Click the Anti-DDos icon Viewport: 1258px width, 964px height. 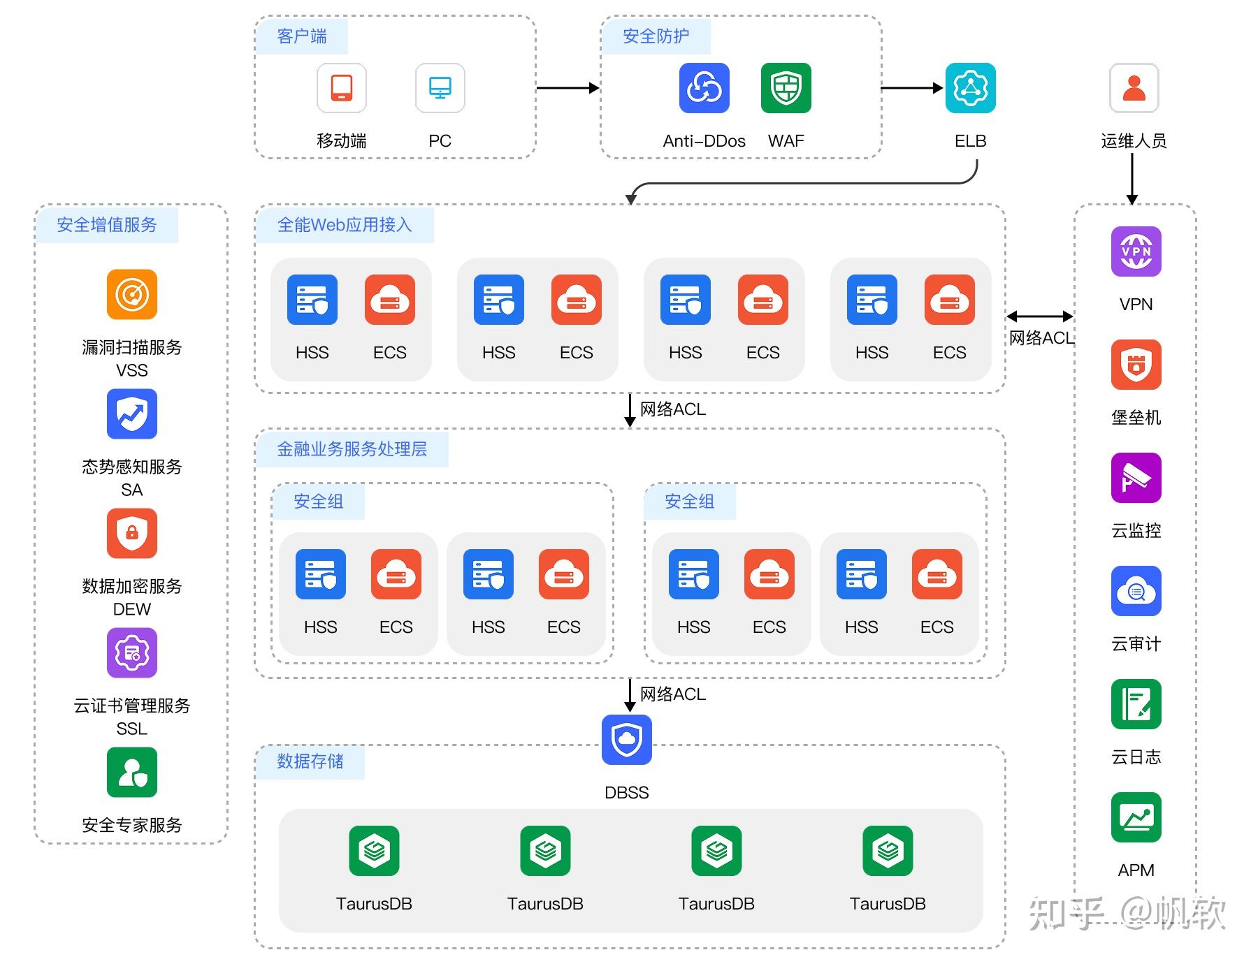click(x=704, y=88)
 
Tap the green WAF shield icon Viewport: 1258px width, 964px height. click(x=786, y=88)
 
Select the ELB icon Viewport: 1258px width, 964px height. click(x=970, y=88)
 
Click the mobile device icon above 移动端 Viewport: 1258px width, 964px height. click(x=342, y=88)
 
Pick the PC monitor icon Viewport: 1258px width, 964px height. click(x=440, y=88)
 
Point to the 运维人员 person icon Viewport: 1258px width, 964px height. click(x=1134, y=88)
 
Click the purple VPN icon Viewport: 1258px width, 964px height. click(x=1136, y=251)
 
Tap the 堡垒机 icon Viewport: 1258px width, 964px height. click(x=1136, y=365)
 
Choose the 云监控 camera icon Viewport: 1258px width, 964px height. click(x=1136, y=478)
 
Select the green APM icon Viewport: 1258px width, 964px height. click(x=1136, y=817)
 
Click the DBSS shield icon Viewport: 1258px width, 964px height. click(x=627, y=740)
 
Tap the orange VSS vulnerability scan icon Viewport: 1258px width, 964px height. click(x=132, y=294)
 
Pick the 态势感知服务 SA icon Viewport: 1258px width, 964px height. click(x=132, y=414)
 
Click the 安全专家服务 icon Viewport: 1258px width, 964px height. click(x=132, y=772)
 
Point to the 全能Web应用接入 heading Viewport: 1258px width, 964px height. click(x=345, y=225)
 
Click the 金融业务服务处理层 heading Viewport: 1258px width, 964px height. click(x=352, y=449)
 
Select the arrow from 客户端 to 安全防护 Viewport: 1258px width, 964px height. click(x=568, y=88)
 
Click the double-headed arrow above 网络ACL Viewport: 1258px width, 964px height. click(x=1040, y=316)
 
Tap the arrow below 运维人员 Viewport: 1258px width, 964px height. click(x=1132, y=179)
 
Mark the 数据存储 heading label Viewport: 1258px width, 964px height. click(x=310, y=761)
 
